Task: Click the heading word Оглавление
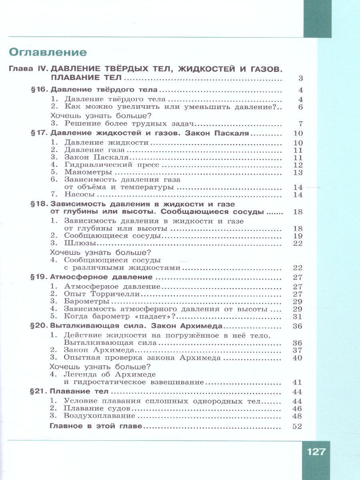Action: click(48, 52)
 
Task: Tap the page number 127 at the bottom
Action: click(316, 452)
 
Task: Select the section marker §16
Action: click(40, 90)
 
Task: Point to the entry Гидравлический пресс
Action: click(112, 165)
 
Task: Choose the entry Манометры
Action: click(88, 172)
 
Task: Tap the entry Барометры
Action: click(86, 301)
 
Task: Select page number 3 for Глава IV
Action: click(300, 78)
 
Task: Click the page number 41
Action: click(297, 382)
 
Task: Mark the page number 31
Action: click(297, 316)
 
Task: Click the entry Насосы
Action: click(79, 195)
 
